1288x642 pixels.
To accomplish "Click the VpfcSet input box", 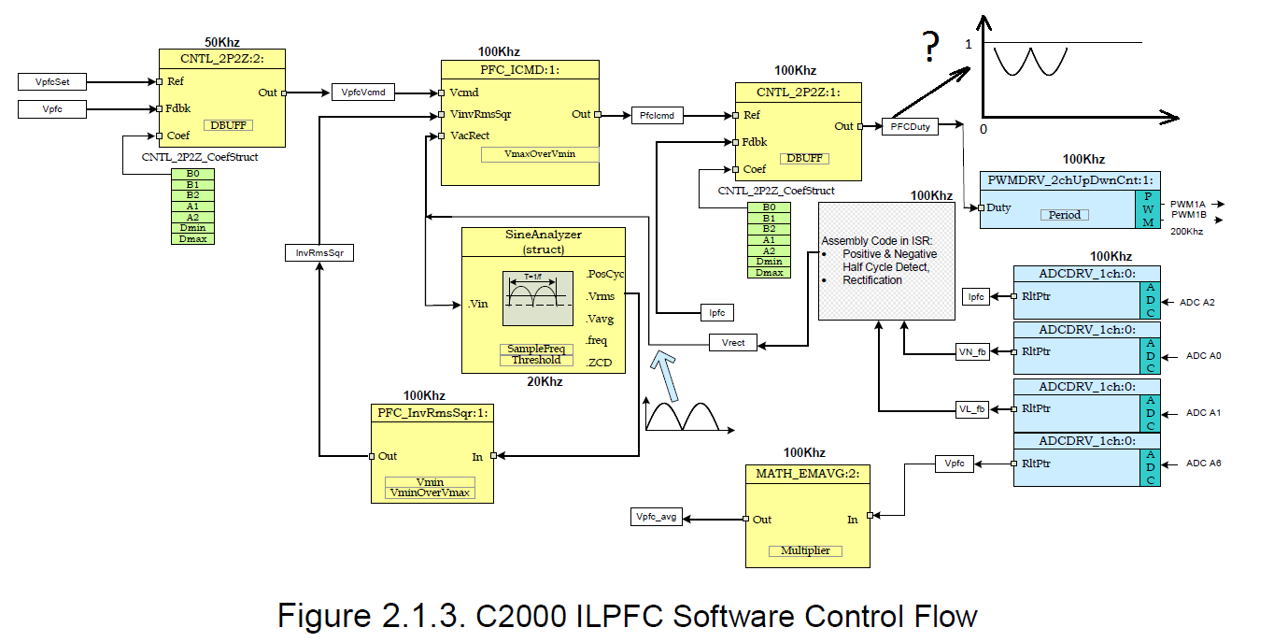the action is click(x=52, y=81).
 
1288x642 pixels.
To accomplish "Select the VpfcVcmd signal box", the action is click(x=362, y=92).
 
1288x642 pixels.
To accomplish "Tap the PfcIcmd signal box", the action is click(x=657, y=116).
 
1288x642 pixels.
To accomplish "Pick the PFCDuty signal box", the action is click(x=910, y=126).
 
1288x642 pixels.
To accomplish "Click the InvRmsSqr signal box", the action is click(x=319, y=252).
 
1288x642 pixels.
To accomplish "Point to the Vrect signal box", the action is click(x=733, y=343).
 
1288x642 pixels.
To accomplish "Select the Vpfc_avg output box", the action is click(x=656, y=517).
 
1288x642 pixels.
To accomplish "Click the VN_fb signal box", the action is click(x=972, y=351).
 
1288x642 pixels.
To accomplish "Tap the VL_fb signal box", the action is click(x=972, y=409).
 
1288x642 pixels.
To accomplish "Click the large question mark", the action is click(x=930, y=46).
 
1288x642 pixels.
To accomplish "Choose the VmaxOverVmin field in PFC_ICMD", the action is click(x=540, y=154).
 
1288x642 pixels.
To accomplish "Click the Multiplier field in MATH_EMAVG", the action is click(x=805, y=550).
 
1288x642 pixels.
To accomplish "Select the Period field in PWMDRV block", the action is click(x=1065, y=215).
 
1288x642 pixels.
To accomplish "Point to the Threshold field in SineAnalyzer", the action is click(x=536, y=360).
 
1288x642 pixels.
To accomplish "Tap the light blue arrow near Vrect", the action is click(x=665, y=375).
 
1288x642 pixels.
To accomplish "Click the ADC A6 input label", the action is click(x=1204, y=464).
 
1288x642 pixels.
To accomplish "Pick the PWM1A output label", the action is click(x=1187, y=205).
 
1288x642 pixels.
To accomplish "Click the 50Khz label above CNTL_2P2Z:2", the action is click(x=222, y=42).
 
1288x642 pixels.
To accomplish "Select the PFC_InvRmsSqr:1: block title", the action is click(x=432, y=413).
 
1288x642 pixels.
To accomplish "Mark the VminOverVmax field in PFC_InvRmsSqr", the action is click(x=430, y=493).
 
